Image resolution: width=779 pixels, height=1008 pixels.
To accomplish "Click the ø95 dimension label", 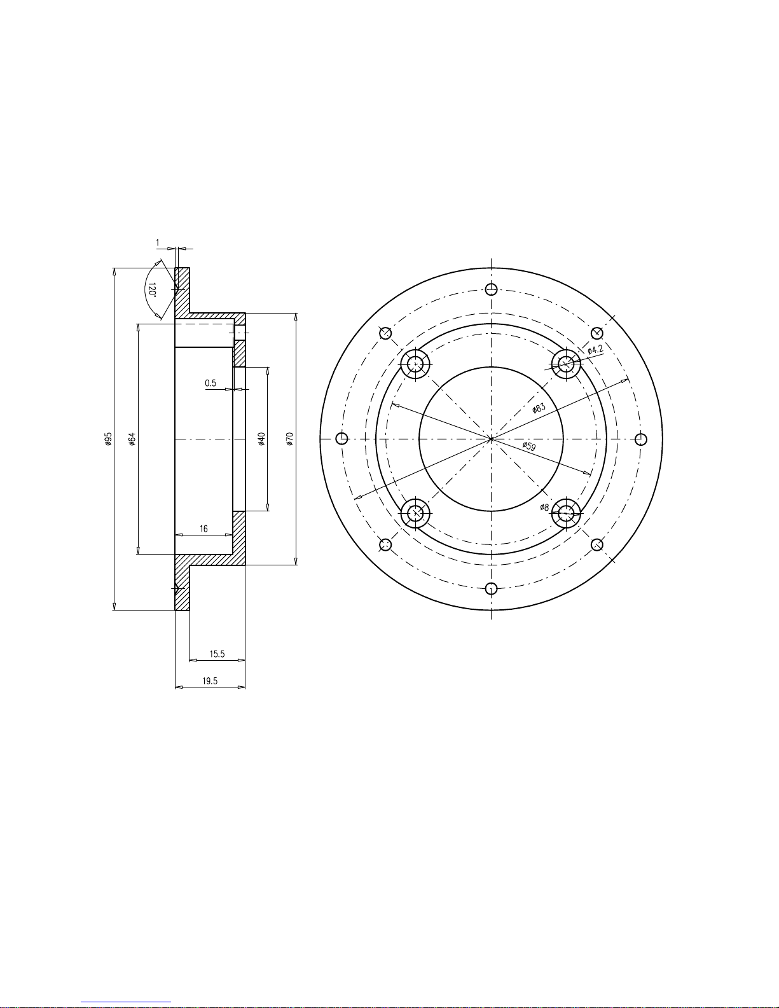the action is pos(108,439).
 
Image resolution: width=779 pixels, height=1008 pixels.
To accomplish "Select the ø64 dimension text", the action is pos(132,439).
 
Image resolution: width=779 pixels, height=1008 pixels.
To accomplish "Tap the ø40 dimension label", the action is pos(261,439).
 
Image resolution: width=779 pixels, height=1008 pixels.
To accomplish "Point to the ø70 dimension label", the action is pos(290,439).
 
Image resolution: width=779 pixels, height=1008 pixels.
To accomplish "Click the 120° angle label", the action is pos(152,290).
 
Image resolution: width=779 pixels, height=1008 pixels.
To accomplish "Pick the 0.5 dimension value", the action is pos(210,383).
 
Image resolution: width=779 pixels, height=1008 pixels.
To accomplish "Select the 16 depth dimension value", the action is pos(203,529).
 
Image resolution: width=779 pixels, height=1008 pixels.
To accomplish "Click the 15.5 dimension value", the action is pos(217,654).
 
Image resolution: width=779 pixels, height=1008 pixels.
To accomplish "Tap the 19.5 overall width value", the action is pos(210,681).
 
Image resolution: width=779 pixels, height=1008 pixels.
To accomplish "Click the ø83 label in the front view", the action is pos(539,408).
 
